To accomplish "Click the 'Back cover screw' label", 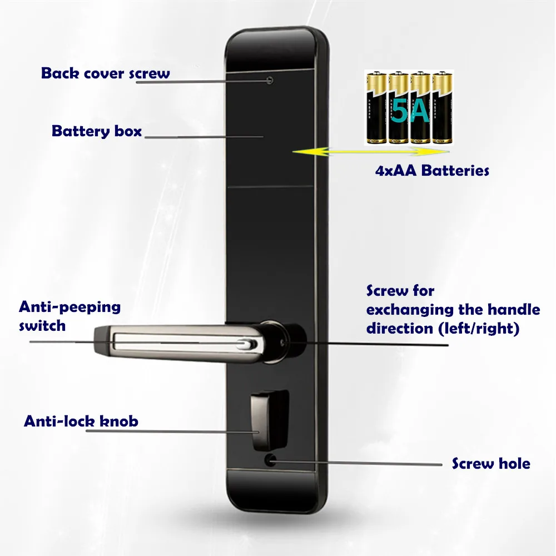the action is point(106,73).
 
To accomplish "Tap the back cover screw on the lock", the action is point(270,80).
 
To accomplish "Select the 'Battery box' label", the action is point(97,132).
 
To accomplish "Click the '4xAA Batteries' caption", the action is point(432,170).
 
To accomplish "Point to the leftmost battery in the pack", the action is point(375,109).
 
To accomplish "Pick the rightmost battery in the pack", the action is point(442,109).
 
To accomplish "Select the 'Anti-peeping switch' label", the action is point(69,316).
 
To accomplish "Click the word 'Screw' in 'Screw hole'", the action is point(471,463).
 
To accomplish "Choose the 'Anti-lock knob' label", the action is point(81,421).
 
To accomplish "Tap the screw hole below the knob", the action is point(270,460).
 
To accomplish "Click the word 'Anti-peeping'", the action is point(69,306).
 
